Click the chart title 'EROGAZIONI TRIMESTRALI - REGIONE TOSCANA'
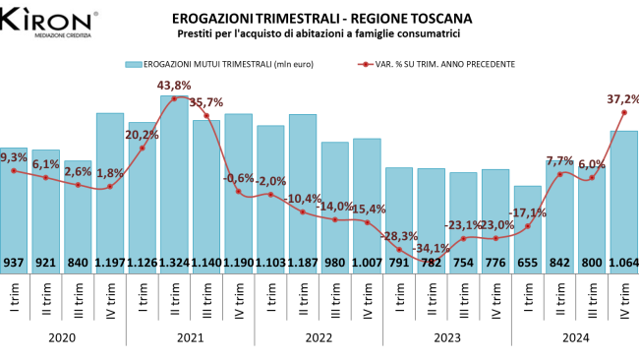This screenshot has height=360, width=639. [320, 18]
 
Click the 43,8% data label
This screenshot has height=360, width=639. [174, 86]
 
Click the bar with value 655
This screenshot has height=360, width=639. [527, 226]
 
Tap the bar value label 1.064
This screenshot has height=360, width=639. [623, 263]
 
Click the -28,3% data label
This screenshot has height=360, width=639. [399, 236]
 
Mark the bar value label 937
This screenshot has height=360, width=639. [14, 263]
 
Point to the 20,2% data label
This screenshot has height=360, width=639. [142, 135]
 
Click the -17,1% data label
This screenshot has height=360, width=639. [528, 212]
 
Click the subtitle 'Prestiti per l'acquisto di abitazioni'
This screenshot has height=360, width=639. [320, 34]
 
